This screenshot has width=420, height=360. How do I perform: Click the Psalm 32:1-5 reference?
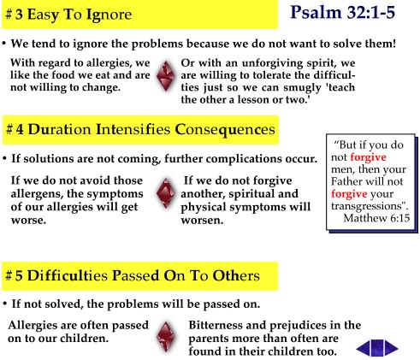point(342,13)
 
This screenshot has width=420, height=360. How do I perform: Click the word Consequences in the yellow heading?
point(225,130)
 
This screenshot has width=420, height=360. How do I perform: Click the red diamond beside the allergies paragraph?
point(166,76)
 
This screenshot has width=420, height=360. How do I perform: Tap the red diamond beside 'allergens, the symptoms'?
point(166,193)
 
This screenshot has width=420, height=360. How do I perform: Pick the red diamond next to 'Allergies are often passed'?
point(166,337)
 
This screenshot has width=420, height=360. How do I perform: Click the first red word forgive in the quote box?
point(368,157)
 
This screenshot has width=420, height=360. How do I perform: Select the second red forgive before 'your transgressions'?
point(349,194)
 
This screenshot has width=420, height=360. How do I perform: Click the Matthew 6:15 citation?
point(376,218)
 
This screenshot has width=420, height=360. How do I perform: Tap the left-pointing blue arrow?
point(364,348)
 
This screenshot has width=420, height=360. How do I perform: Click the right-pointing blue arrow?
point(391,348)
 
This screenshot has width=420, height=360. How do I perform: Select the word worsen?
point(202,221)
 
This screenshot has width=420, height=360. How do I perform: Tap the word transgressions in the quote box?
point(369,206)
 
